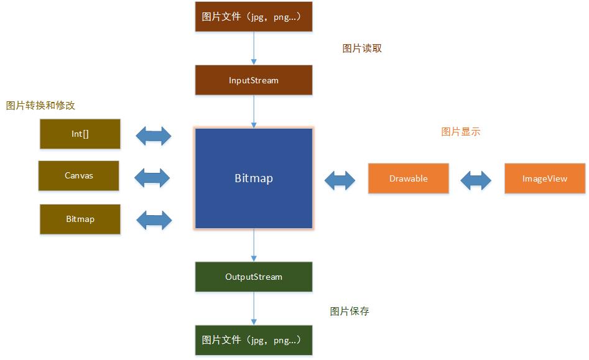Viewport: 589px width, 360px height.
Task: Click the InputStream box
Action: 254,80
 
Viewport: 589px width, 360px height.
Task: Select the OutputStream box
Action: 254,277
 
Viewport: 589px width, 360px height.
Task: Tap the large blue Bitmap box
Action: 254,178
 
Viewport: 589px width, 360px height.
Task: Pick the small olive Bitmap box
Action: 80,219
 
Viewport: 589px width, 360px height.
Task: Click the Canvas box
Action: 78,176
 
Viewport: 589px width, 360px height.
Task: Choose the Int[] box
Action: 80,134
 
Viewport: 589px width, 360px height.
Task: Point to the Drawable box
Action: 408,178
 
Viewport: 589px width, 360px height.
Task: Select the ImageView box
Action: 545,178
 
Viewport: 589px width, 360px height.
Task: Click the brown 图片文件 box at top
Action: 254,17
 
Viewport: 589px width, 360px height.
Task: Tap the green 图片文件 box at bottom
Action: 254,340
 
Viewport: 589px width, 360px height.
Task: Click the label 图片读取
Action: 362,48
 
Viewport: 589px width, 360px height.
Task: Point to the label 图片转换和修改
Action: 40,106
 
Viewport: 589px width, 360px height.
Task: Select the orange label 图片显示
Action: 460,132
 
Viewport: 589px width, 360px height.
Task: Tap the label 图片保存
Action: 350,312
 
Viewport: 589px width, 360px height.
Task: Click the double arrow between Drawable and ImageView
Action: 476,180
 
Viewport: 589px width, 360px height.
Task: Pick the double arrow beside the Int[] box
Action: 153,136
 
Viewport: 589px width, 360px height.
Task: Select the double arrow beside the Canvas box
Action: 152,178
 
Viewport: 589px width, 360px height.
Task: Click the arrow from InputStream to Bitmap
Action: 254,111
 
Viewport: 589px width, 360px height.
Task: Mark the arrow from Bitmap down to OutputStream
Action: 254,245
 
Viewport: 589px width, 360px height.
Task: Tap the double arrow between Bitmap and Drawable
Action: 340,180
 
